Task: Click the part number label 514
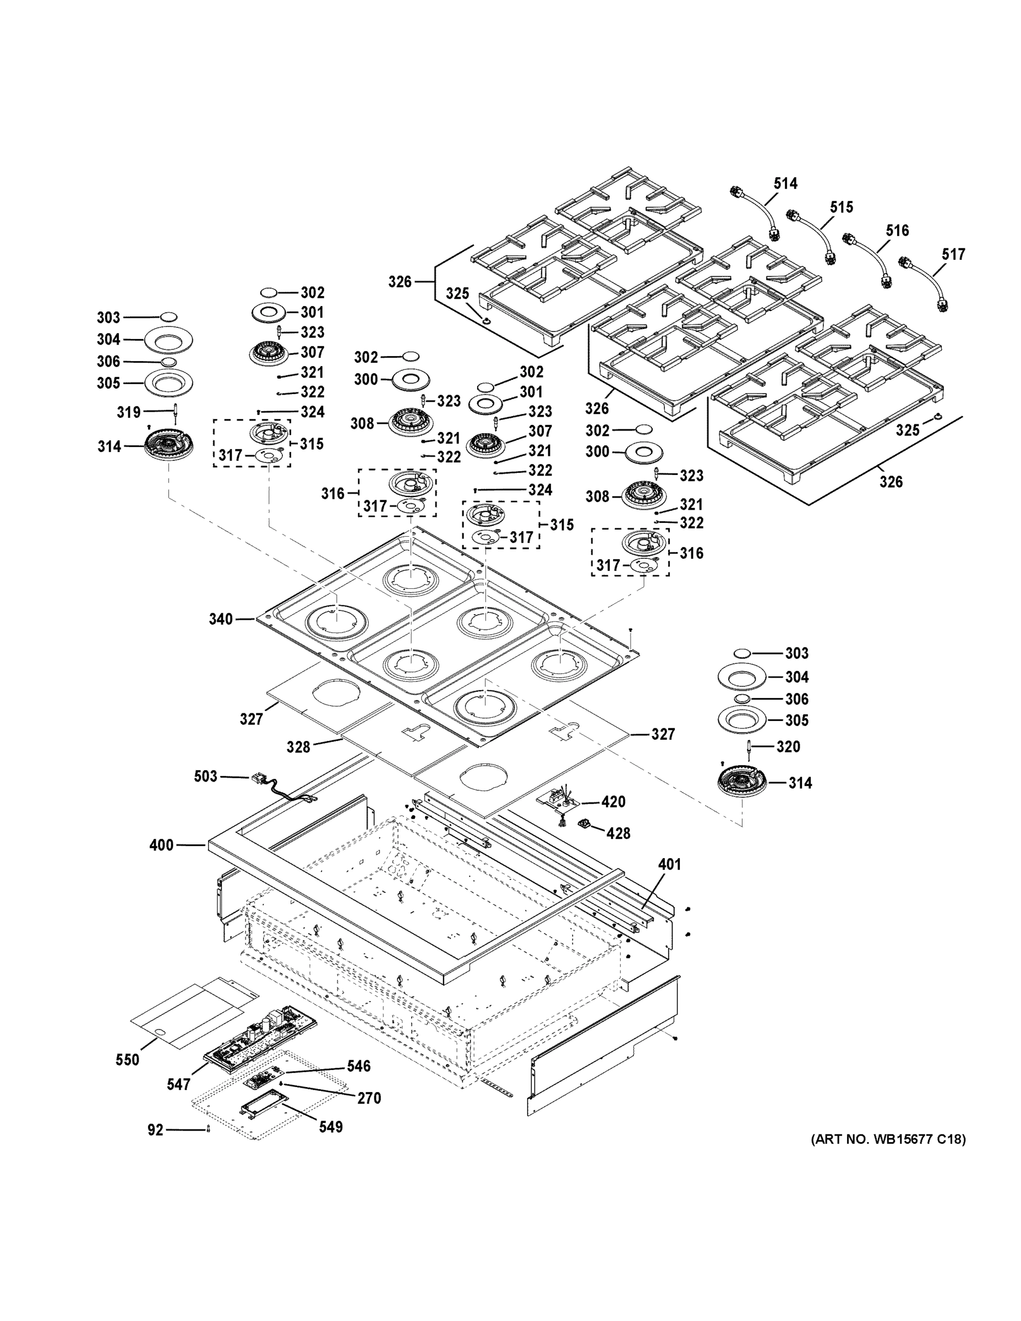(x=785, y=183)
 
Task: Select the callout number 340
(x=221, y=619)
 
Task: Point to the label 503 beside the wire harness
(x=206, y=776)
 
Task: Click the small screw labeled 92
(x=209, y=1129)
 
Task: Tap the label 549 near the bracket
(x=331, y=1127)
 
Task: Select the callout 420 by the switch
(x=613, y=802)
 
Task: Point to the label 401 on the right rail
(x=670, y=864)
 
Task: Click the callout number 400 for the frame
(x=161, y=845)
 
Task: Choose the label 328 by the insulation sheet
(x=298, y=747)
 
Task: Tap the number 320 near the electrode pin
(x=788, y=747)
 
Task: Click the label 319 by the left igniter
(x=129, y=412)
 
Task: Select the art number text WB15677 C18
(x=888, y=1139)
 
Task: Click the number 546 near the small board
(x=359, y=1066)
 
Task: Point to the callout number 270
(x=369, y=1098)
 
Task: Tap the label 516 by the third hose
(x=897, y=231)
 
